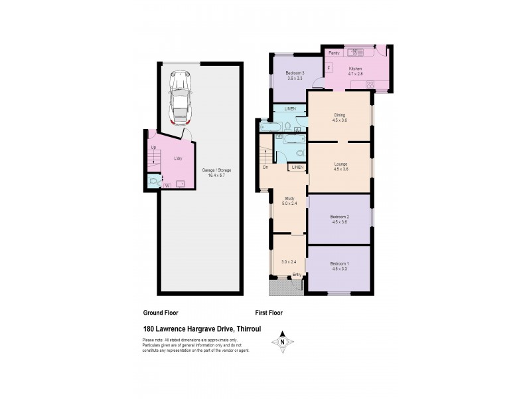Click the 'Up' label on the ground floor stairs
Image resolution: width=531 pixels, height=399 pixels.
click(153, 147)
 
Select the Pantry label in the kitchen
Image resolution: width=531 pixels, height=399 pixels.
click(334, 53)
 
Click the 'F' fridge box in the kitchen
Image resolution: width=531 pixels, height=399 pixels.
click(328, 67)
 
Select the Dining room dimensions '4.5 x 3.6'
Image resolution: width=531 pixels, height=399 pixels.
click(340, 120)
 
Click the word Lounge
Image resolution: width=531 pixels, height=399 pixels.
click(341, 164)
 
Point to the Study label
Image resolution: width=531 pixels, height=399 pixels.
click(289, 198)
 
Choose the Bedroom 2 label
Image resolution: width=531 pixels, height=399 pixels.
click(340, 217)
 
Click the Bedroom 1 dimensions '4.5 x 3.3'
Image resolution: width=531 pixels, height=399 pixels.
click(339, 269)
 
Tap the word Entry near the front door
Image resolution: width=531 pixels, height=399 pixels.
click(297, 275)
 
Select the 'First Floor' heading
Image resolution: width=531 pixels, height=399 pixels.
click(269, 312)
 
